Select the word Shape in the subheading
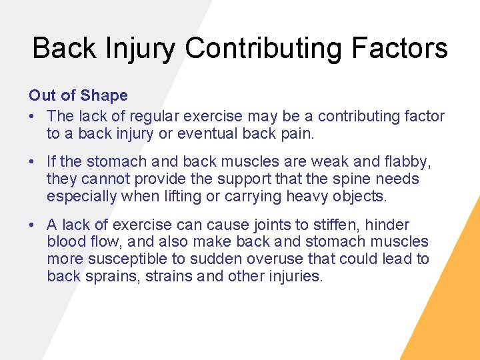(x=105, y=97)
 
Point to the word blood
(x=66, y=241)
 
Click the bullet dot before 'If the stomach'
(x=33, y=161)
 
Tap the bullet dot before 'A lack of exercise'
(x=33, y=225)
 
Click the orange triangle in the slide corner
(x=453, y=313)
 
